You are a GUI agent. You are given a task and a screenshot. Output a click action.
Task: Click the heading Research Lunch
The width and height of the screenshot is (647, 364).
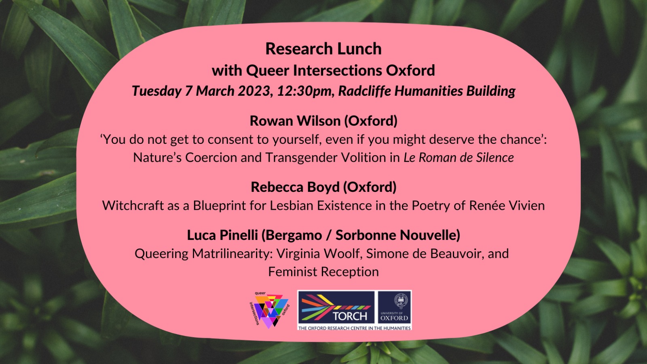coord(323,49)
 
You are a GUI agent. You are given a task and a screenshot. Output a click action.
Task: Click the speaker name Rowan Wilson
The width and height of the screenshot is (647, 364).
coord(295,121)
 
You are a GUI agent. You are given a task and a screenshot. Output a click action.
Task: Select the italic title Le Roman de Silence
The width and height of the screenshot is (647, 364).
coord(458,158)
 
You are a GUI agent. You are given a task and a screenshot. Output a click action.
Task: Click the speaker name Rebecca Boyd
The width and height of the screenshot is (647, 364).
coord(295,187)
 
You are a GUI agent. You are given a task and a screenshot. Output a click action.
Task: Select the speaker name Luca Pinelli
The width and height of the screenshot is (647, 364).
coord(222,235)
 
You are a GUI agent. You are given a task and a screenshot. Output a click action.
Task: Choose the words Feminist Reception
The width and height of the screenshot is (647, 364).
coord(323,272)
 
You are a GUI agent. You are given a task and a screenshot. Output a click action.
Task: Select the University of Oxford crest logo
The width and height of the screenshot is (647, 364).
coord(394,307)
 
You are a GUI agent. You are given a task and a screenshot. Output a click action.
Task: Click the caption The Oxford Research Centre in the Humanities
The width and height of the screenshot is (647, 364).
coord(354,328)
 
